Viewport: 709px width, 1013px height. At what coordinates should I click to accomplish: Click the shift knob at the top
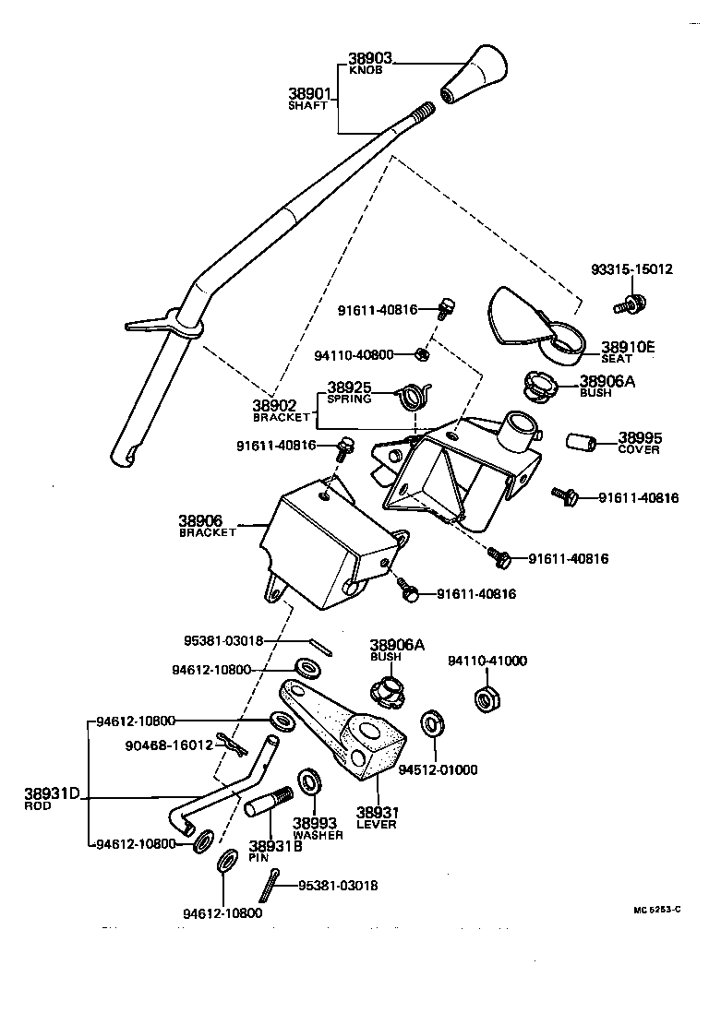click(x=475, y=78)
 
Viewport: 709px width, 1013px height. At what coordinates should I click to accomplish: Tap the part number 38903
click(x=371, y=58)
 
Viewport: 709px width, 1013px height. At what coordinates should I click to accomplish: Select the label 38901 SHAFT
click(x=308, y=98)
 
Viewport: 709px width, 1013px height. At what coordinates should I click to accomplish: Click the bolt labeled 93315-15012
click(x=631, y=303)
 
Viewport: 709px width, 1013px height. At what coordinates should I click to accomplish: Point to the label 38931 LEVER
click(x=377, y=817)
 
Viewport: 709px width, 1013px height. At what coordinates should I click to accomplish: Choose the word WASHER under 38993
click(x=317, y=835)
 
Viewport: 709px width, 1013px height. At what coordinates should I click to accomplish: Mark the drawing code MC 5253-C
click(x=656, y=910)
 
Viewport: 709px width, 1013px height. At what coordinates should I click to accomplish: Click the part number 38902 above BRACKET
click(x=274, y=404)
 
